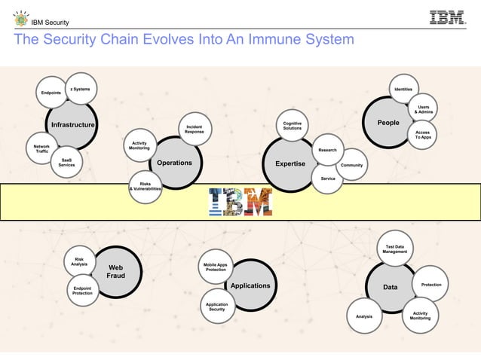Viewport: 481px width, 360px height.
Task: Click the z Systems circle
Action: coord(81,89)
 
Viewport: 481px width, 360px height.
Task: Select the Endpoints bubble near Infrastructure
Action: coord(51,93)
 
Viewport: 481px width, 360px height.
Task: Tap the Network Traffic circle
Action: coord(42,149)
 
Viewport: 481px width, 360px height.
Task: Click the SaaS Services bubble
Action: coord(66,163)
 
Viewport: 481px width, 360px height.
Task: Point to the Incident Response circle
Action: coord(194,129)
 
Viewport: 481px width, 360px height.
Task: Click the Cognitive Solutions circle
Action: coord(292,126)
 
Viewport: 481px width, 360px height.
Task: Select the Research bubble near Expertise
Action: coord(327,150)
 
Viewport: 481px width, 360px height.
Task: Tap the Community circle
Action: coord(352,165)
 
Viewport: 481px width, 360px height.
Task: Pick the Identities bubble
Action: coord(403,90)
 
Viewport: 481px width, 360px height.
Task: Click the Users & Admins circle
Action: coord(423,110)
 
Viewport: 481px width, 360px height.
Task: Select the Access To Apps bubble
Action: coord(423,134)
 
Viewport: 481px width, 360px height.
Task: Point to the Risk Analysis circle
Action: coord(79,261)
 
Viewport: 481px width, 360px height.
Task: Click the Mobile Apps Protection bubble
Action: coord(216,267)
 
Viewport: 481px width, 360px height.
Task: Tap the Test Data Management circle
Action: coord(394,249)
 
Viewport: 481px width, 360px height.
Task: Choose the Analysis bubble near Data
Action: coord(364,316)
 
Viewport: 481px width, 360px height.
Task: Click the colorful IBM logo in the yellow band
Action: coord(240,201)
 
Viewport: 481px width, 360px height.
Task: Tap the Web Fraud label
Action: coord(115,272)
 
